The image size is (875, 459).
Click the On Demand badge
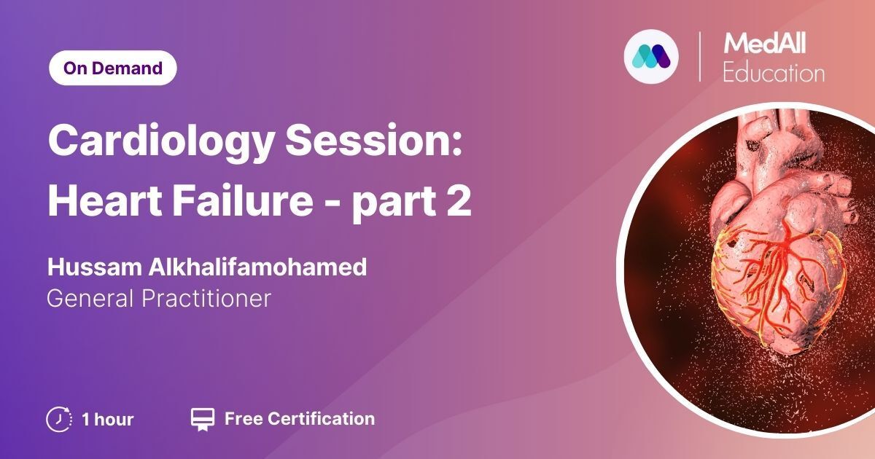113,68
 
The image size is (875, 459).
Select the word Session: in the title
374,140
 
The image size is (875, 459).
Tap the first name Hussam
95,267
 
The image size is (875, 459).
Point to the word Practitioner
206,299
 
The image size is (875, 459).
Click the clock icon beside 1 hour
59,420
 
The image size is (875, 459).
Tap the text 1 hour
108,420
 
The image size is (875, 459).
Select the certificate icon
203,420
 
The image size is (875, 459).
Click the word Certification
322,419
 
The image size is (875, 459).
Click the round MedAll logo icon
651,57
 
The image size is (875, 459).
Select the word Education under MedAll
774,72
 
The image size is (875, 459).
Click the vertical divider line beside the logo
699,57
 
